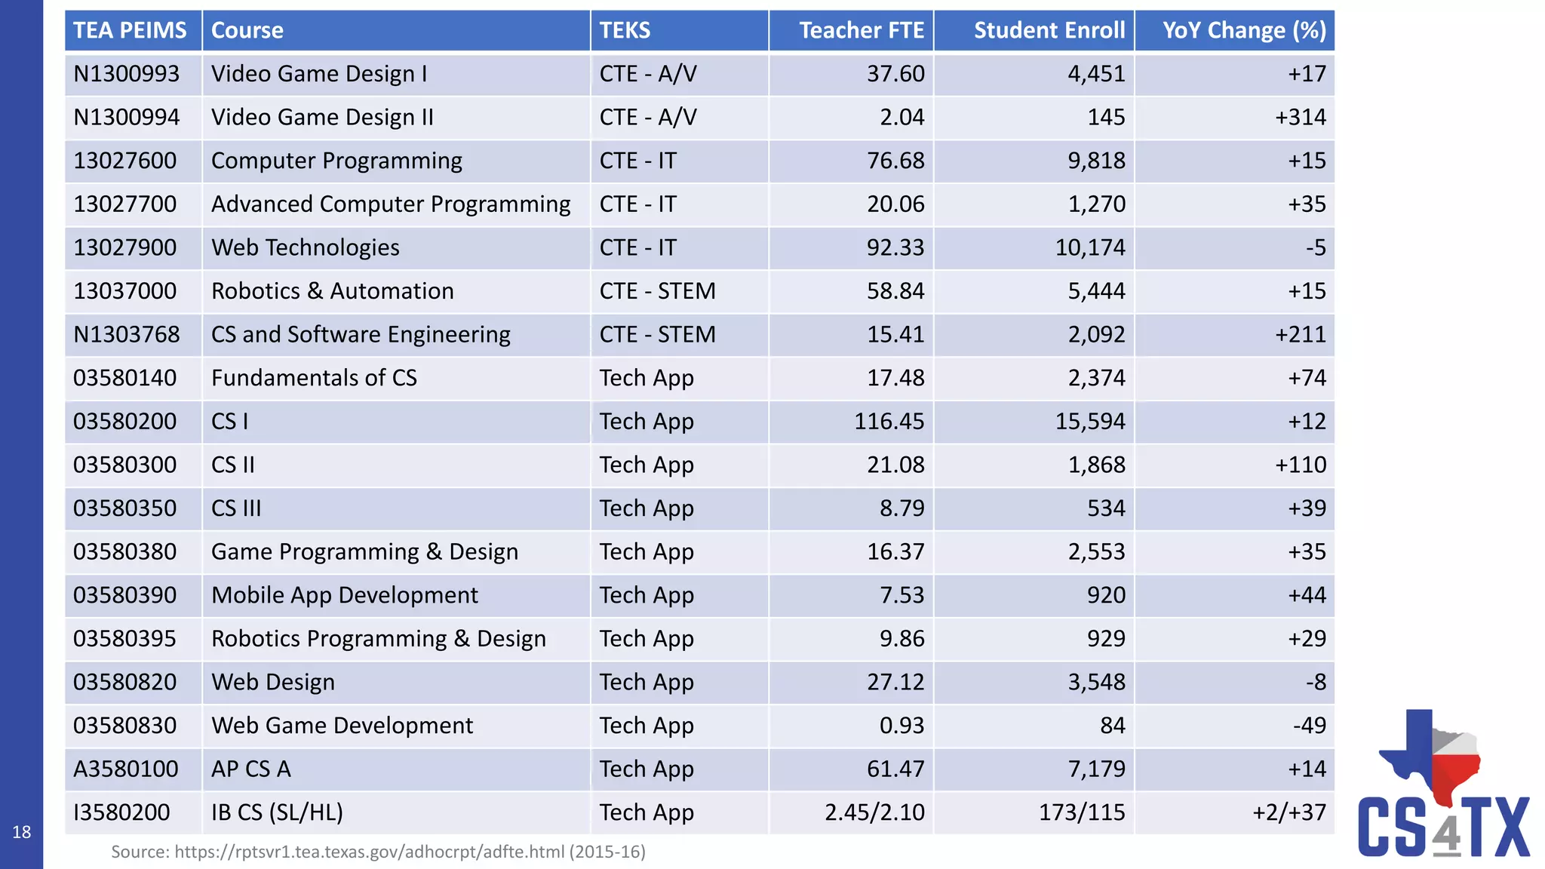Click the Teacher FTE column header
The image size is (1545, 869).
point(861,30)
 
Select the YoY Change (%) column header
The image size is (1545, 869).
point(1243,30)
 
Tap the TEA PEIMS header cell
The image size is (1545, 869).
point(130,30)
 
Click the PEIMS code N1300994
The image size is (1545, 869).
point(126,117)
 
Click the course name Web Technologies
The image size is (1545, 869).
point(305,247)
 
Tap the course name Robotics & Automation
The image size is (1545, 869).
point(332,291)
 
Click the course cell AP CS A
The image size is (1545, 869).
point(250,769)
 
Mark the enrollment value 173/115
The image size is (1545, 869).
point(1081,812)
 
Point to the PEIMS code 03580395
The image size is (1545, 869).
point(124,639)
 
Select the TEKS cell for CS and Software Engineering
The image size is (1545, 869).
point(656,334)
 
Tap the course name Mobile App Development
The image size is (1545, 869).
point(344,595)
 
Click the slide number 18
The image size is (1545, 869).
point(21,832)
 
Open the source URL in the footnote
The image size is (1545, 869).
point(369,852)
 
